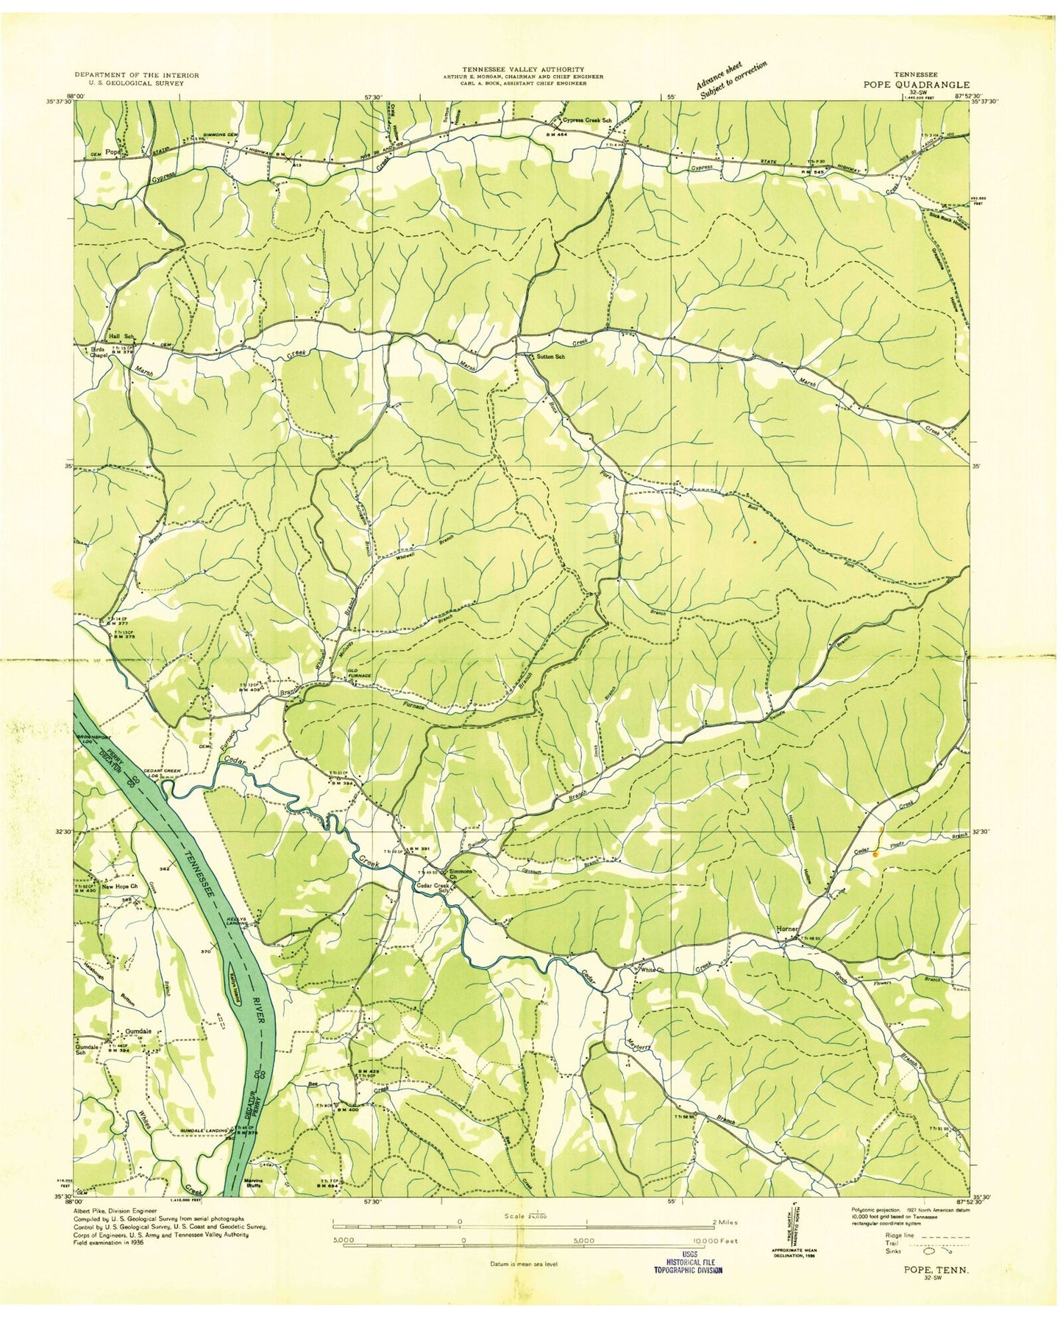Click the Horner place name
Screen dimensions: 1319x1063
[x=786, y=929]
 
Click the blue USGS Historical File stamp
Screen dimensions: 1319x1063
[x=689, y=1265]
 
